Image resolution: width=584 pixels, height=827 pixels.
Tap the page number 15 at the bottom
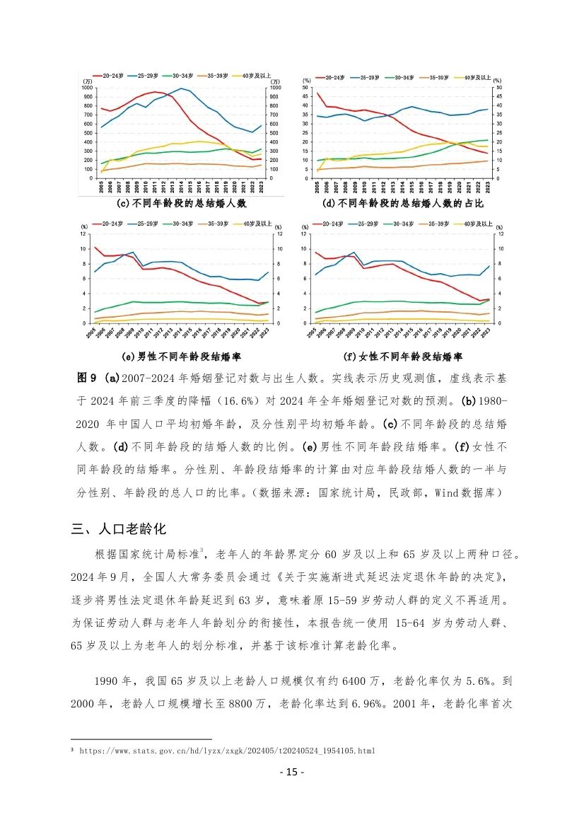coord(291,772)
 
